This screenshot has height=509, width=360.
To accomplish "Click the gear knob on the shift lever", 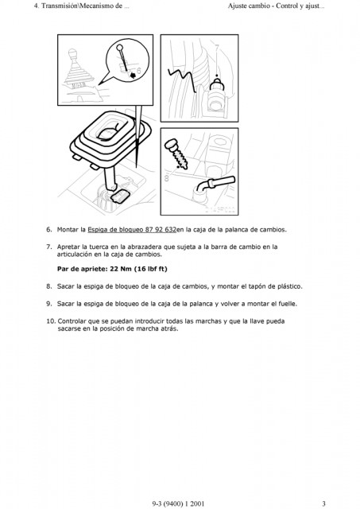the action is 73,54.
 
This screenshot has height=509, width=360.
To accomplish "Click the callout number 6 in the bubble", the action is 139,71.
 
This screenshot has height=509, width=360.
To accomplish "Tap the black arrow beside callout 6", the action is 133,76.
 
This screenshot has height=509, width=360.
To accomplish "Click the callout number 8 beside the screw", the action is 167,177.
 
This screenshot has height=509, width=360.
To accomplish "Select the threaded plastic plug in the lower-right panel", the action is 176,153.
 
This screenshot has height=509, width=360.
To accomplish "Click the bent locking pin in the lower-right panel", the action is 215,184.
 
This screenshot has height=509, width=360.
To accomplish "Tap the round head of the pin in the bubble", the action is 119,48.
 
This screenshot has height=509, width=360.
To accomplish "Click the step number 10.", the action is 51,321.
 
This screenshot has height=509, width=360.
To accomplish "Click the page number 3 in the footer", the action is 323,503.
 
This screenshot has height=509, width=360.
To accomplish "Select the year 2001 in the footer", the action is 197,503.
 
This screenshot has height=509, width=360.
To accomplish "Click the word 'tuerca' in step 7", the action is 99,247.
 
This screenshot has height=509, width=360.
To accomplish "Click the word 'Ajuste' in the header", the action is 238,6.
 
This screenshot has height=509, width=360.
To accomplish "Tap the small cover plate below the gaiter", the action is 120,196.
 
